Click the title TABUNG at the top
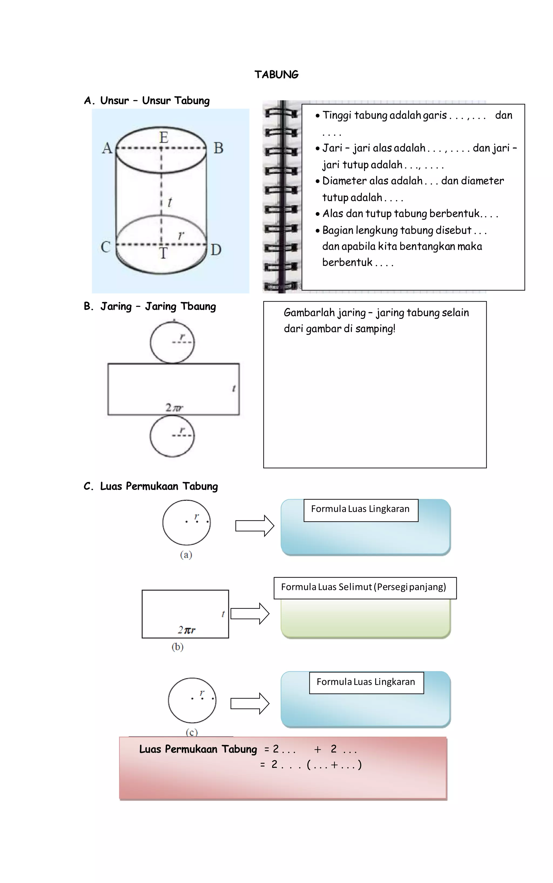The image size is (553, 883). pyautogui.click(x=276, y=75)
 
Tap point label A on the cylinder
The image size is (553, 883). pyautogui.click(x=107, y=148)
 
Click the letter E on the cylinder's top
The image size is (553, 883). pyautogui.click(x=163, y=138)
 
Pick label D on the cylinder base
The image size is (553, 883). pyautogui.click(x=216, y=250)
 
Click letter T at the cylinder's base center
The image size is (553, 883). pyautogui.click(x=163, y=253)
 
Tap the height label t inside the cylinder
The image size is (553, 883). pyautogui.click(x=170, y=202)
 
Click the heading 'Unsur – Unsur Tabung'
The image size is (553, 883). pyautogui.click(x=155, y=101)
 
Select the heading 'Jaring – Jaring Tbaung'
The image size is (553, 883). pyautogui.click(x=158, y=306)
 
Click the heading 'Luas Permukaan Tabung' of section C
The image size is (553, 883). pyautogui.click(x=159, y=486)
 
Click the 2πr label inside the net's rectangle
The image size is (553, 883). pyautogui.click(x=174, y=407)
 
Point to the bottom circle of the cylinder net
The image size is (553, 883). pyautogui.click(x=172, y=436)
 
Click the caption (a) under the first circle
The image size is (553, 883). pyautogui.click(x=186, y=555)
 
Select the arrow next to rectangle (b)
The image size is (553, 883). pyautogui.click(x=250, y=613)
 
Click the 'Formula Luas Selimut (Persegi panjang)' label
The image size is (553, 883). pyautogui.click(x=363, y=587)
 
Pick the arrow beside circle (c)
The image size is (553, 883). pyautogui.click(x=250, y=703)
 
